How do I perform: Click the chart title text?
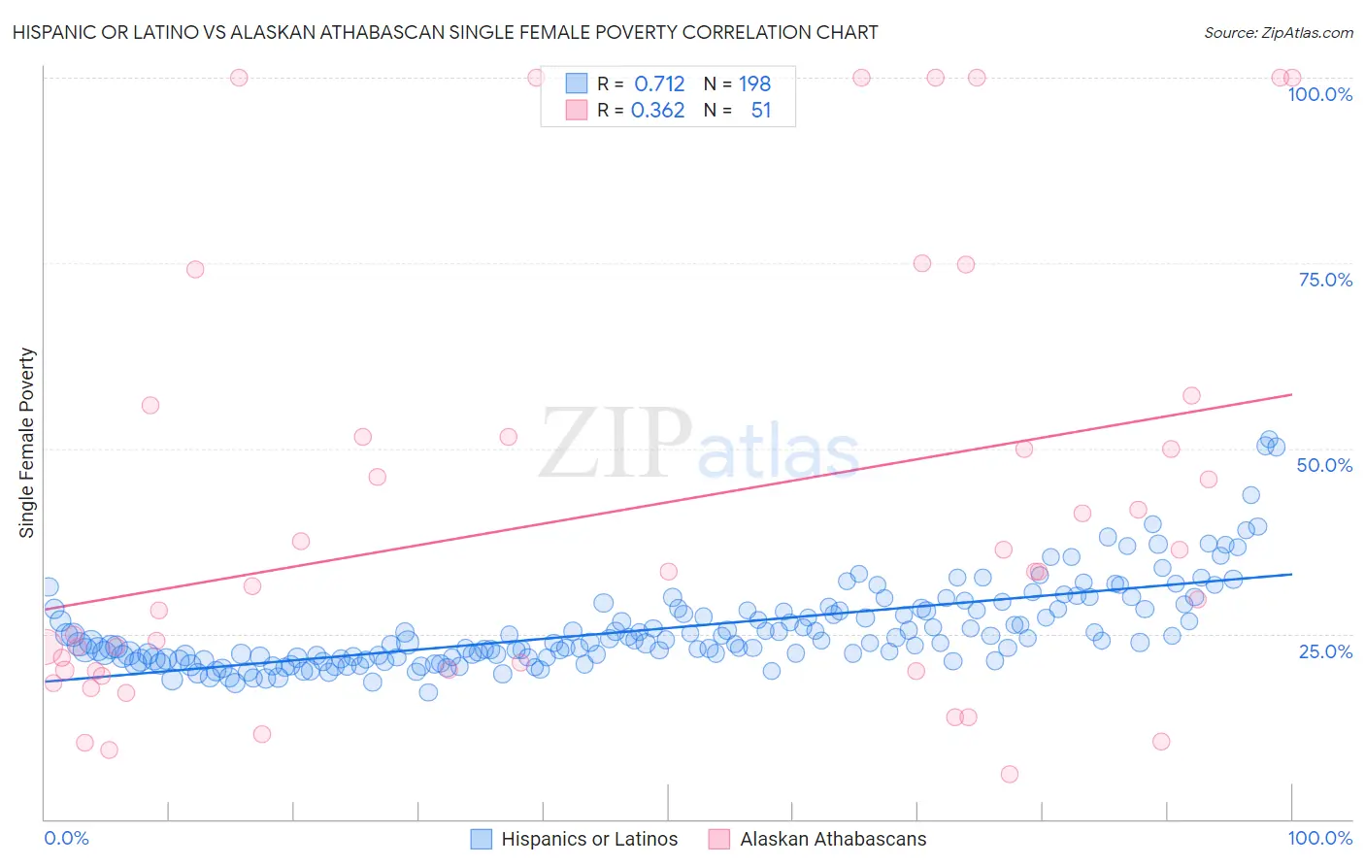(x=445, y=32)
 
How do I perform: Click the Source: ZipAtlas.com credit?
(x=1278, y=32)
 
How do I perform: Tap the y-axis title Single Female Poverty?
(x=27, y=443)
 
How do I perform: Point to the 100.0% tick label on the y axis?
(x=1319, y=94)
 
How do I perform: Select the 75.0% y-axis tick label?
(x=1325, y=280)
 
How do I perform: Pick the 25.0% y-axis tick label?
(x=1325, y=650)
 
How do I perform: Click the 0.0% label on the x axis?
(x=66, y=838)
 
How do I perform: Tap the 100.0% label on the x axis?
(x=1319, y=838)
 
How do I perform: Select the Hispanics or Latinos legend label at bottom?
(x=589, y=839)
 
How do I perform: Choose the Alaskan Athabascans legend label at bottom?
(x=833, y=839)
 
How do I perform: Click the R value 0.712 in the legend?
(x=659, y=84)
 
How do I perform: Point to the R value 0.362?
(x=657, y=111)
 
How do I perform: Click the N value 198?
(x=754, y=84)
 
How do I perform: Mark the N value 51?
(x=760, y=111)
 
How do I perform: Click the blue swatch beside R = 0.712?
(x=577, y=84)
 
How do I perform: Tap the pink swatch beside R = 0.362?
(x=577, y=111)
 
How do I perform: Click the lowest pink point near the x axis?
(x=1010, y=774)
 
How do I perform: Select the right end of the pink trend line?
(x=1291, y=394)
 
